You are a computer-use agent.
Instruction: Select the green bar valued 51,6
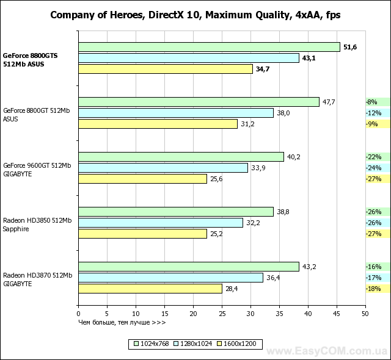[209, 47]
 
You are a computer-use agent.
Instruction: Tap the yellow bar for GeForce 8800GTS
[166, 69]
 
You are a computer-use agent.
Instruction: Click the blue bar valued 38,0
[176, 113]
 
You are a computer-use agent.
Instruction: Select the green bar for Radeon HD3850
[176, 212]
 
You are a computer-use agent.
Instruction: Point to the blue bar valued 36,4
[171, 278]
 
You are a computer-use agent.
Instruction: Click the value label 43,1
[311, 58]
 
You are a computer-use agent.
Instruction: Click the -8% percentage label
[371, 102]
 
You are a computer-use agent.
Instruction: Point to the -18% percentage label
[373, 289]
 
